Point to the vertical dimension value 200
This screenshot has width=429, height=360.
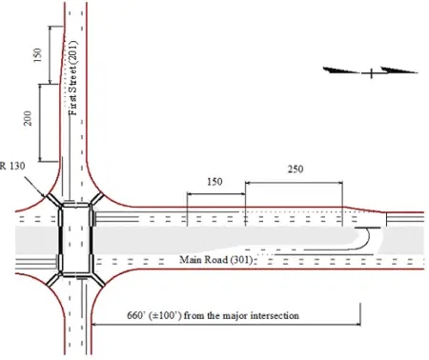(x=29, y=119)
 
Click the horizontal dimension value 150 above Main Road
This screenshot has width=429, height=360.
(x=215, y=181)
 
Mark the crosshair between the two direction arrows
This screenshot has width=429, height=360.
(x=370, y=70)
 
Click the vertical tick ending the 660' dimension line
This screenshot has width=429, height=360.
(x=359, y=314)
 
